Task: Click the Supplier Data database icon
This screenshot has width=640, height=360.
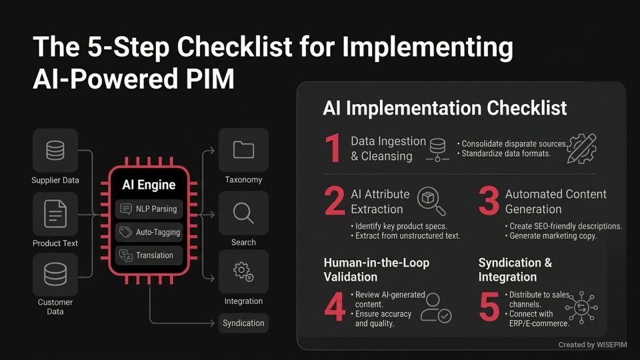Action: pyautogui.click(x=55, y=151)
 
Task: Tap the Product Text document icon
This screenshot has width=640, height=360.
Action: pyautogui.click(x=55, y=215)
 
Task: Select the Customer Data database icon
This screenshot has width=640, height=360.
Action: pyautogui.click(x=55, y=274)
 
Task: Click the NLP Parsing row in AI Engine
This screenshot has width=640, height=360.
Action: pyautogui.click(x=149, y=209)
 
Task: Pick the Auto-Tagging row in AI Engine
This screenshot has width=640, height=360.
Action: pyautogui.click(x=149, y=232)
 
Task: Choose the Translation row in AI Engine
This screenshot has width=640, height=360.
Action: pyautogui.click(x=149, y=255)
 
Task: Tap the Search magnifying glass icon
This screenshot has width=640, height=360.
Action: pyautogui.click(x=243, y=213)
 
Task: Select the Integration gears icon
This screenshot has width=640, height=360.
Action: pyautogui.click(x=243, y=271)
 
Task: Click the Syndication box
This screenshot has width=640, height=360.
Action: pyautogui.click(x=243, y=323)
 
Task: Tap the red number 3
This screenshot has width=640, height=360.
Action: pyautogui.click(x=489, y=203)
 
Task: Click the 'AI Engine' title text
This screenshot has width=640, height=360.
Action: pyautogui.click(x=149, y=185)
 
